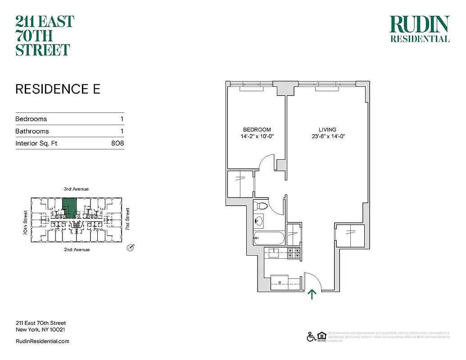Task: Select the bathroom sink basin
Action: (258, 221)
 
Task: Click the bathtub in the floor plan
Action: (268, 238)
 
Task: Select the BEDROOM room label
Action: (257, 130)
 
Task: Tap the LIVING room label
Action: (328, 130)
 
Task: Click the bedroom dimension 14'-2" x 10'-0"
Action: (257, 136)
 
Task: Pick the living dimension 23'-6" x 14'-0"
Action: (328, 136)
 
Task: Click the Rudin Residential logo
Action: (419, 29)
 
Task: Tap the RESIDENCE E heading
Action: (58, 89)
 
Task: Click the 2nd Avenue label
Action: (76, 249)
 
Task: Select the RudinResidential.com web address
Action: (42, 341)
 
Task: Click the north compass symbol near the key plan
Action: (131, 247)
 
